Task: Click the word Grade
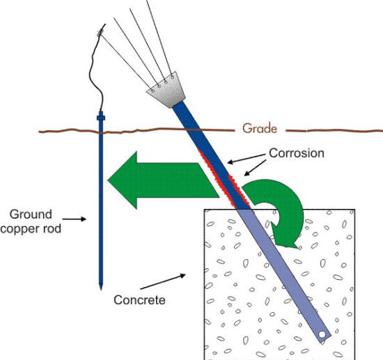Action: click(x=259, y=128)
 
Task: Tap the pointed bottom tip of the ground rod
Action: click(x=102, y=286)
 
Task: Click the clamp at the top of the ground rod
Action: click(x=102, y=118)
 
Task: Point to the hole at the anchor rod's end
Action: click(x=322, y=336)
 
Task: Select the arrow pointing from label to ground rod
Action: click(x=85, y=219)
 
